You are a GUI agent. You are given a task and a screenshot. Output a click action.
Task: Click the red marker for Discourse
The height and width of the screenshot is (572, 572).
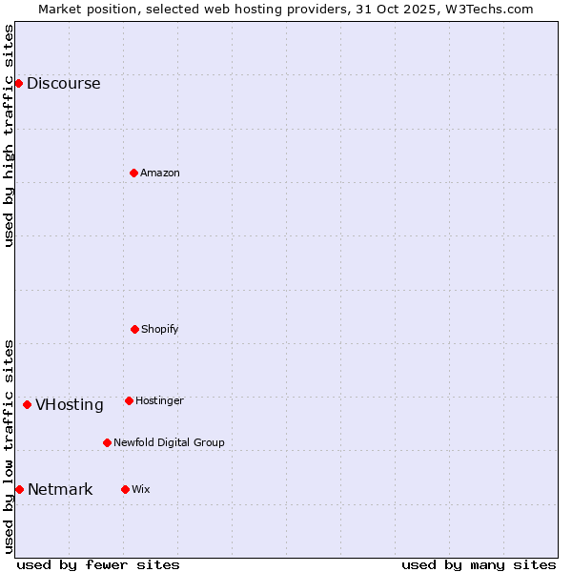tap(18, 83)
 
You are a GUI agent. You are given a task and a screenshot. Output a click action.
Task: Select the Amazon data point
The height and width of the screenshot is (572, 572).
tap(133, 173)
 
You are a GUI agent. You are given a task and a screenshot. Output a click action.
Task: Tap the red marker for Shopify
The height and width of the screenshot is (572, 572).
tap(134, 329)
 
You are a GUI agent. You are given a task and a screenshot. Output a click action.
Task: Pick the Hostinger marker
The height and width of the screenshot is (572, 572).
tap(129, 400)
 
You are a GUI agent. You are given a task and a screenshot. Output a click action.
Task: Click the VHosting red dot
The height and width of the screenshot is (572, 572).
tap(27, 404)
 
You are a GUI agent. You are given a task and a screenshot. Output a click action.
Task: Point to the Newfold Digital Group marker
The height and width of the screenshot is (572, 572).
tap(107, 442)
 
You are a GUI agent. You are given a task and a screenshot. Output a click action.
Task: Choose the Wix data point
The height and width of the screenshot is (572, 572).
tap(125, 489)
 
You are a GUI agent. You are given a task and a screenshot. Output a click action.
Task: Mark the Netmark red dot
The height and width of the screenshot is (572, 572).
tap(19, 489)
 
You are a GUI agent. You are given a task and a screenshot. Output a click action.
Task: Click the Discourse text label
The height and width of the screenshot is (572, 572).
tap(63, 83)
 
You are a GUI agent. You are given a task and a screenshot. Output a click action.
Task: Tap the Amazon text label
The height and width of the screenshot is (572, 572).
tap(160, 173)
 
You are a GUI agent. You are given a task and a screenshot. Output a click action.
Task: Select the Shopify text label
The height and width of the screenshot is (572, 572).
tap(160, 329)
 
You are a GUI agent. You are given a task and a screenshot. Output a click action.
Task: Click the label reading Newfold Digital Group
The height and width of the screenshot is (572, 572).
tap(169, 442)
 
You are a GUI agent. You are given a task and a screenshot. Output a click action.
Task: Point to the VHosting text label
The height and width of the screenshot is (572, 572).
tap(70, 404)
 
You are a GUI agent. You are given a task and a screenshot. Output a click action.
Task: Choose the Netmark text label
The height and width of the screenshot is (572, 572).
tap(60, 489)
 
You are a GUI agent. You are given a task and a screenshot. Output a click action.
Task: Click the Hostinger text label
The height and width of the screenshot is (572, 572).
tap(159, 400)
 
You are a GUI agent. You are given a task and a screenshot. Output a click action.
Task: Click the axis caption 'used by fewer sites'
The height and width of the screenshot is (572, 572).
tap(98, 564)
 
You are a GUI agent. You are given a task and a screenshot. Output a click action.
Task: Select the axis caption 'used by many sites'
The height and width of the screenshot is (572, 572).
tap(479, 564)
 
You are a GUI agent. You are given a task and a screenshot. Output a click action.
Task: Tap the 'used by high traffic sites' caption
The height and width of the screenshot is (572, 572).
tap(9, 135)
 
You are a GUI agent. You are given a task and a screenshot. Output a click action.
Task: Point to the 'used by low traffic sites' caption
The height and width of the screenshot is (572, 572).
tap(9, 445)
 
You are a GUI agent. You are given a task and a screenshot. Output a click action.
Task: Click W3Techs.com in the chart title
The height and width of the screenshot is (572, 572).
tap(490, 9)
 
